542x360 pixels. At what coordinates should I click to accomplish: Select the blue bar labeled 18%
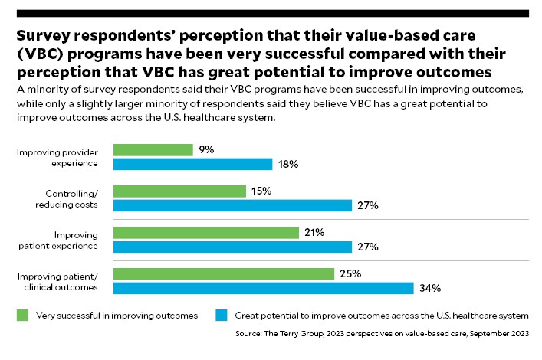point(192,164)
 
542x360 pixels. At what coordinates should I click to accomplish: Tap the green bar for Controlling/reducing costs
point(179,191)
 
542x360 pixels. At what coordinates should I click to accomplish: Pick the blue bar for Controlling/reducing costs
point(232,205)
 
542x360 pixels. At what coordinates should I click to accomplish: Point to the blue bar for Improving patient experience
point(232,247)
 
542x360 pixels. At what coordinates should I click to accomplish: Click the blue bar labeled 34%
point(263,288)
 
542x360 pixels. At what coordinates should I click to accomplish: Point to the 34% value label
point(430,288)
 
